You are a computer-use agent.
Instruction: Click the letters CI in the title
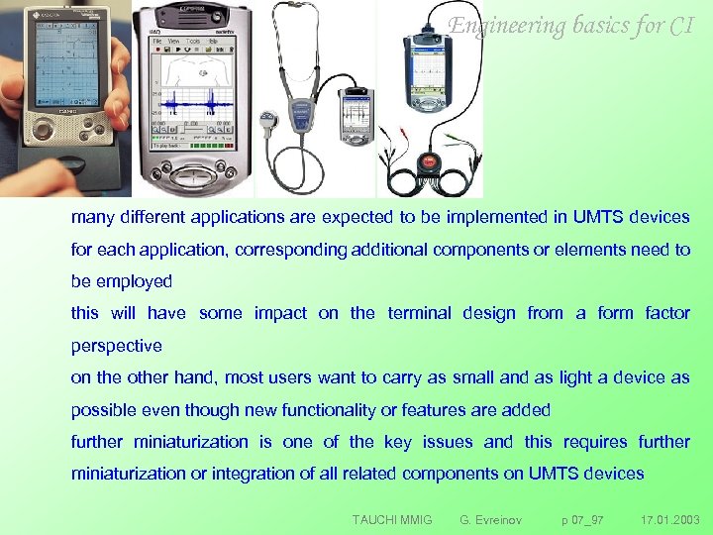[681, 26]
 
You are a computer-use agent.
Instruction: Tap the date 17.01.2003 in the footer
[669, 519]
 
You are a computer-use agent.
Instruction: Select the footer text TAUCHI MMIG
[392, 519]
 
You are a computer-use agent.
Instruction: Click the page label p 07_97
[582, 519]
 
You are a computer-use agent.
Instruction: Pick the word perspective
[116, 346]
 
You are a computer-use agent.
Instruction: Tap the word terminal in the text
[421, 313]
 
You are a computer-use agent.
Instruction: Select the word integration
[232, 474]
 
